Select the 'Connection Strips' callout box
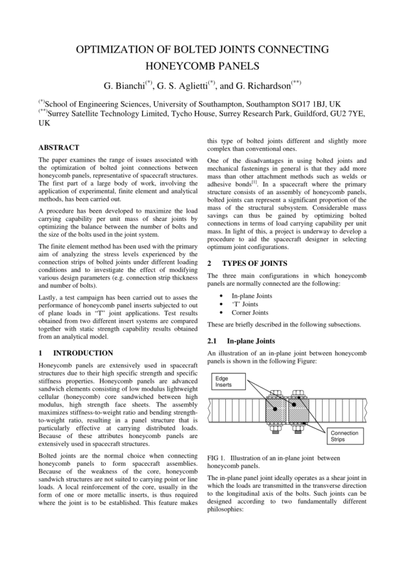coord(344,436)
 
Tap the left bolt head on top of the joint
coord(278,394)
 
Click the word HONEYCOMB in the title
coord(179,68)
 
